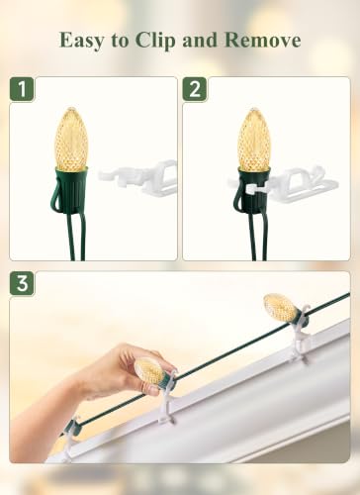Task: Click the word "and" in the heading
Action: [x=201, y=41]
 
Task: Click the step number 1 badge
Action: [x=22, y=89]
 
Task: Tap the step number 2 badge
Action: [x=195, y=89]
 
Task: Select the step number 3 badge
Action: [x=22, y=283]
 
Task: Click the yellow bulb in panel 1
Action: [x=71, y=138]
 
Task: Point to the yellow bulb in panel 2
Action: [x=254, y=140]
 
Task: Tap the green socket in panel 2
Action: [x=252, y=191]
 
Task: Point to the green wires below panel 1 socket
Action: [x=76, y=236]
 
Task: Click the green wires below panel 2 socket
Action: [x=257, y=237]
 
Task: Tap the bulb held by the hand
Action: [x=149, y=369]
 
